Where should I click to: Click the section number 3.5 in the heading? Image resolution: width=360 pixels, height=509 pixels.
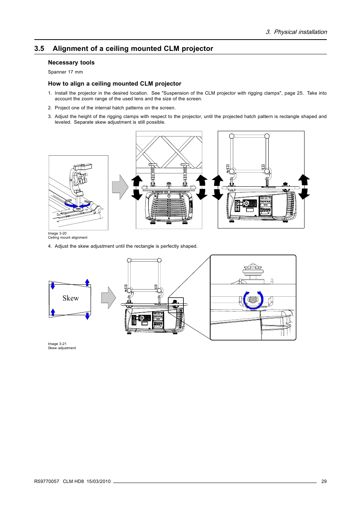[x=39, y=49]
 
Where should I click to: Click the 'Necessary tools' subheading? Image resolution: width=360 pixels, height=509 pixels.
[x=71, y=63]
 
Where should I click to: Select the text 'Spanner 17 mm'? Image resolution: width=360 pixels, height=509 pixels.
[x=65, y=72]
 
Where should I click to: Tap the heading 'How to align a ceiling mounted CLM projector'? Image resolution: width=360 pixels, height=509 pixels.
[x=114, y=84]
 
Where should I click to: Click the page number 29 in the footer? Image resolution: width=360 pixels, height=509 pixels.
[x=324, y=481]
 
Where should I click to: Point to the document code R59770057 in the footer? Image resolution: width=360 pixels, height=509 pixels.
[x=46, y=481]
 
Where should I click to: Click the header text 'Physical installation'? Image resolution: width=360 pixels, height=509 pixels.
[x=300, y=32]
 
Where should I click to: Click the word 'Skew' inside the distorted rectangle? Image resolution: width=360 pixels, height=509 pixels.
[x=71, y=298]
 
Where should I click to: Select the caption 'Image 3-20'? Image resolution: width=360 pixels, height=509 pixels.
[x=57, y=233]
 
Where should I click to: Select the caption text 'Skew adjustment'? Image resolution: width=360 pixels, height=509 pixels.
[x=62, y=348]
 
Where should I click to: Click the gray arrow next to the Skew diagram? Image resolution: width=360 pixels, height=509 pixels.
[x=108, y=298]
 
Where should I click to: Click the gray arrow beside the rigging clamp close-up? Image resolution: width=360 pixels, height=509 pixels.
[x=120, y=187]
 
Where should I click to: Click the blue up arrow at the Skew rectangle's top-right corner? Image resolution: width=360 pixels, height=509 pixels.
[x=87, y=282]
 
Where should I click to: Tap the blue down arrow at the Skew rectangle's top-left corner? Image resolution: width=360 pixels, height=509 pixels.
[x=53, y=285]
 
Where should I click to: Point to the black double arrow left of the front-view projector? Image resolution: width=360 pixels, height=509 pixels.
[x=137, y=187]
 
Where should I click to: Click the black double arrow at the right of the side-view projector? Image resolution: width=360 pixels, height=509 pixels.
[x=304, y=187]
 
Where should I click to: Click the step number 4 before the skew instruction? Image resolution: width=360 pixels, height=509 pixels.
[x=49, y=246]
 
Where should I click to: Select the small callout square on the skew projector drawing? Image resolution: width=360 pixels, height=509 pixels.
[x=175, y=305]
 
